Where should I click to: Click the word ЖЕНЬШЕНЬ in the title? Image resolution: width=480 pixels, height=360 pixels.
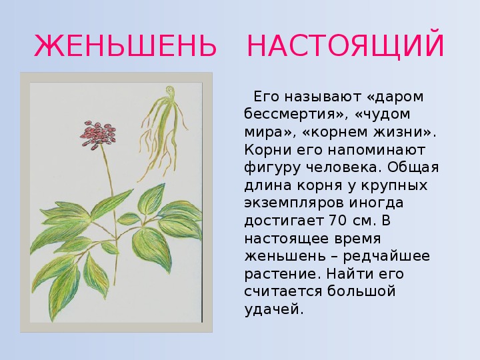(x=125, y=46)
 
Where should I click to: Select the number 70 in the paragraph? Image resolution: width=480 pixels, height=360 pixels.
(x=337, y=220)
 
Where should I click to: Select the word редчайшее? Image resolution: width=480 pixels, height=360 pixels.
(x=386, y=256)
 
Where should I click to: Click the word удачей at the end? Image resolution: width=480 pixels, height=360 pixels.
(x=274, y=309)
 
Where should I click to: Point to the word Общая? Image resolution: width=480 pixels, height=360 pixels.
(x=413, y=168)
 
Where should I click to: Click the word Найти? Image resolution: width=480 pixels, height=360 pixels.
(x=349, y=273)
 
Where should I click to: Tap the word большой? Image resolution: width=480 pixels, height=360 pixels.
(x=361, y=291)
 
